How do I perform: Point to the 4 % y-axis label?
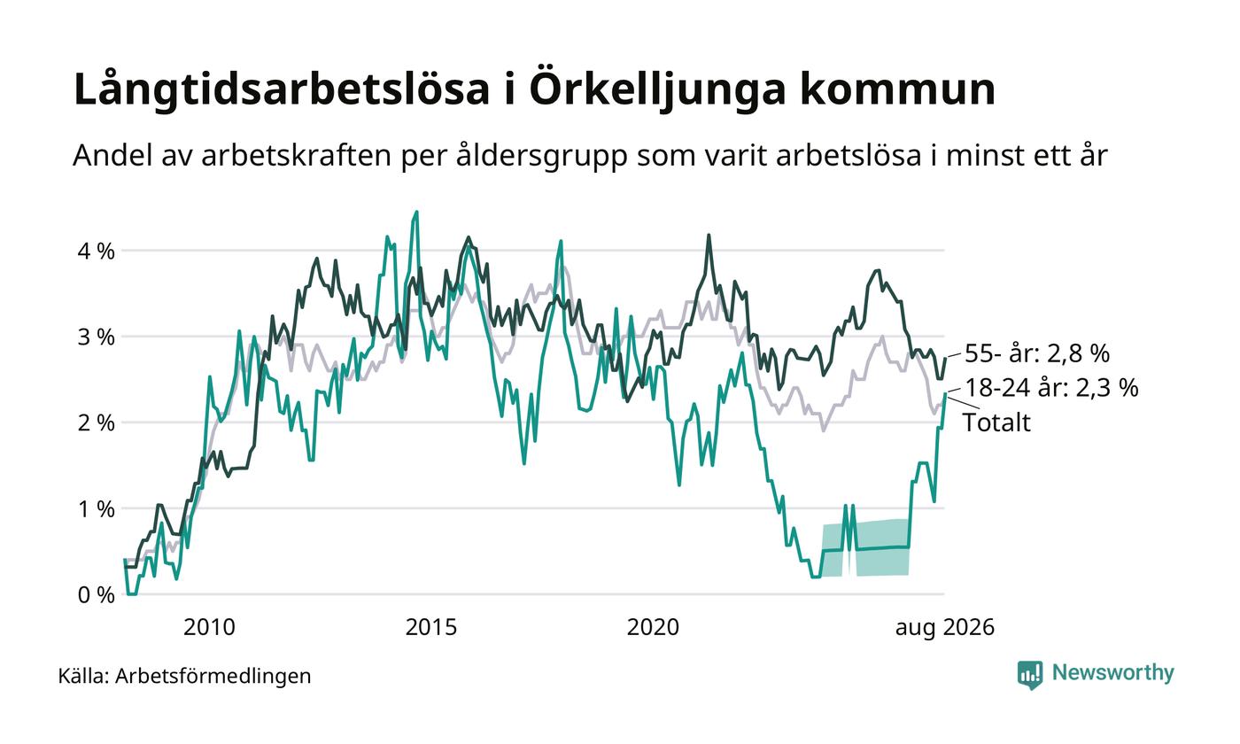[x=97, y=252]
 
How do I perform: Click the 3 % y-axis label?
[x=97, y=337]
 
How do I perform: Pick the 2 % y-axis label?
[x=97, y=423]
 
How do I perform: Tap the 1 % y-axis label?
[x=97, y=508]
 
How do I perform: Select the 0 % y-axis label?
[x=97, y=595]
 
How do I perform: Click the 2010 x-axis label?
[x=209, y=627]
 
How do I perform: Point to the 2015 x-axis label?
[x=431, y=627]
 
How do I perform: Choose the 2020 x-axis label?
[x=654, y=627]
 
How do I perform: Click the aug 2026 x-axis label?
[x=945, y=628]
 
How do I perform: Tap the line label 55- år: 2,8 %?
[x=1037, y=353]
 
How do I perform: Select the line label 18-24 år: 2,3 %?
[x=1051, y=388]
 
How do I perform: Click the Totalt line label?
[x=997, y=422]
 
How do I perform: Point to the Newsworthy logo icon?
[x=1029, y=675]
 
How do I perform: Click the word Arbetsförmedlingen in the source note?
[x=213, y=677]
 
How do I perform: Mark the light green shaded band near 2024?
[x=865, y=548]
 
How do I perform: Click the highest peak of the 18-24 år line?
[x=416, y=212]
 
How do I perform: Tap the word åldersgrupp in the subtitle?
[x=541, y=157]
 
